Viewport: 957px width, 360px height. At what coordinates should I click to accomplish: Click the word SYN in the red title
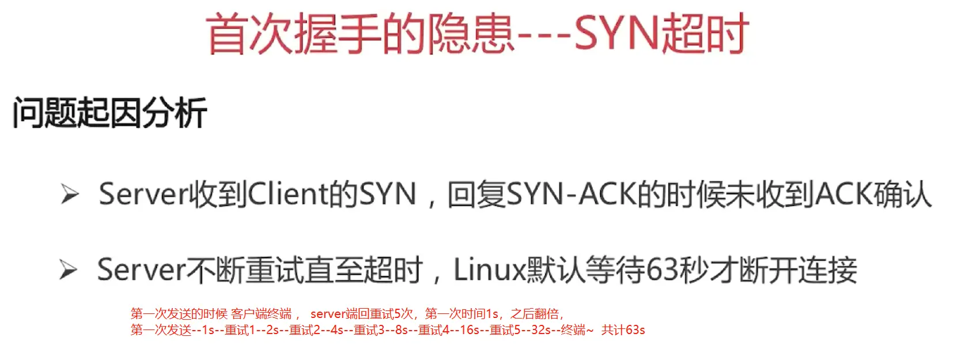[x=615, y=33]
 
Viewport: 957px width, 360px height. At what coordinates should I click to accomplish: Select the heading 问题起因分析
[x=109, y=113]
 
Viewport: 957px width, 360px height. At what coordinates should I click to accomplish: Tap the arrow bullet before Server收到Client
[x=70, y=195]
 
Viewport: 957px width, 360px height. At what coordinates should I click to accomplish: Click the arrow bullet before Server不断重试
[x=69, y=270]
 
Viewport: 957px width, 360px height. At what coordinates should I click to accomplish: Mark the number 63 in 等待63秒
[x=662, y=270]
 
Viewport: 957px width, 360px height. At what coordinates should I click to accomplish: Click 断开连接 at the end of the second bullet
[x=799, y=270]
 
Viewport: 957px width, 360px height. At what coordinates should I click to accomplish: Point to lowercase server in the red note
[x=327, y=314]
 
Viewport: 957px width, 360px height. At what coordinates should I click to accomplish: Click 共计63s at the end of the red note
[x=623, y=330]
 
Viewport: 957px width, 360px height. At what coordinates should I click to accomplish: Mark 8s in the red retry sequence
[x=402, y=330]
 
